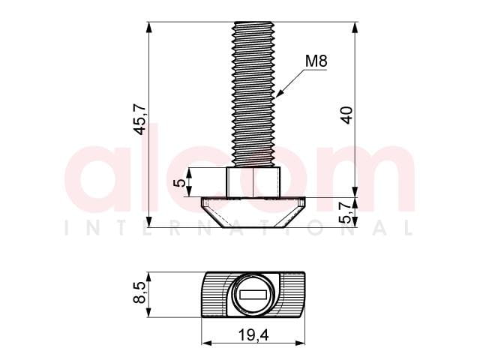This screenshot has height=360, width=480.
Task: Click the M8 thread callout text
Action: pyautogui.click(x=316, y=61)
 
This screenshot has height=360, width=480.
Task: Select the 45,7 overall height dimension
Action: pyautogui.click(x=141, y=119)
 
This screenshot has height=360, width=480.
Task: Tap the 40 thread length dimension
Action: pyautogui.click(x=346, y=115)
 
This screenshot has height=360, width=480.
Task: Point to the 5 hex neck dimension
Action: pyautogui.click(x=180, y=182)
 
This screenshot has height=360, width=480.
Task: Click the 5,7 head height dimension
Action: pyautogui.click(x=346, y=213)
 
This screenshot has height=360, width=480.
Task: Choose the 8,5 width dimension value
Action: pyautogui.click(x=139, y=292)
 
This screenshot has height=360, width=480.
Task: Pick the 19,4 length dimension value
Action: pyautogui.click(x=253, y=335)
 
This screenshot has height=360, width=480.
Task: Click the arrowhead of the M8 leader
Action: pyautogui.click(x=280, y=93)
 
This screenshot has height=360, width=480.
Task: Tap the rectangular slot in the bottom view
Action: pyautogui.click(x=253, y=295)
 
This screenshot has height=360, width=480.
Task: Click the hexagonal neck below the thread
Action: pyautogui.click(x=253, y=181)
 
